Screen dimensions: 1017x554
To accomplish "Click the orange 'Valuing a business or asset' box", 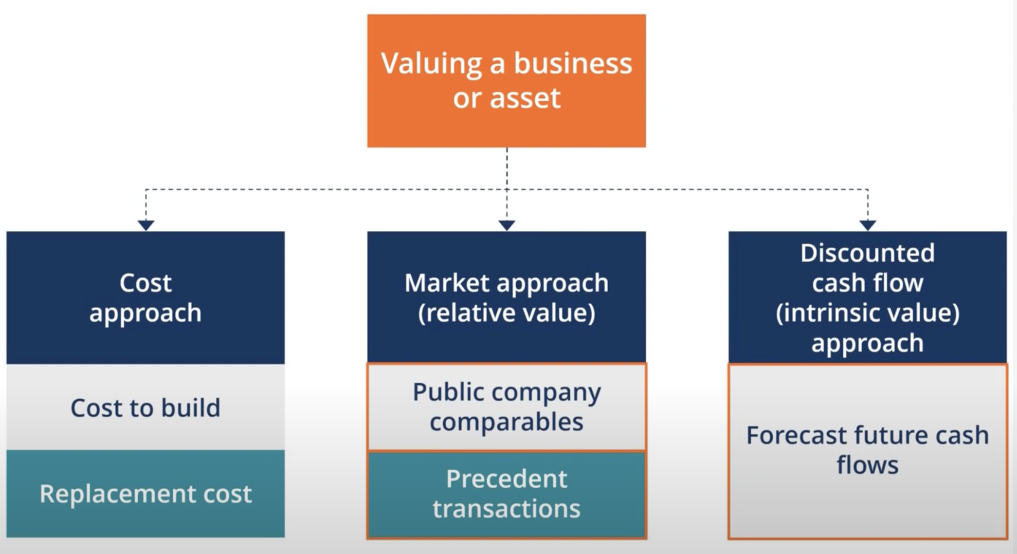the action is [x=507, y=81].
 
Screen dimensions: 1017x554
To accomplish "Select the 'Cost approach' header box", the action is [x=145, y=297].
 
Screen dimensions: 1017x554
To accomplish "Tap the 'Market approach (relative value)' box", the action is [x=507, y=297].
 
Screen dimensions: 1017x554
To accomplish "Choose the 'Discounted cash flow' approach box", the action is [x=868, y=297].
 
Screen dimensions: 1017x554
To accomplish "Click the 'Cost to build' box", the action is [x=145, y=407].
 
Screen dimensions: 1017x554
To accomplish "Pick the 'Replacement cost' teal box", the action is [x=145, y=494].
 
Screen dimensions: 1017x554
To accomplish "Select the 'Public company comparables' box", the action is [x=507, y=407].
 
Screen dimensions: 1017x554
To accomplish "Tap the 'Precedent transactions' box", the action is [x=507, y=495].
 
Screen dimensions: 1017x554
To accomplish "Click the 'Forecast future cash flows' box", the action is [x=868, y=451].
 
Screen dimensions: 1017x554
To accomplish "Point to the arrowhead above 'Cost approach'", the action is [x=146, y=225].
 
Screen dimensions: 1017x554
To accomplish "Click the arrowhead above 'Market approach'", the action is [x=507, y=225].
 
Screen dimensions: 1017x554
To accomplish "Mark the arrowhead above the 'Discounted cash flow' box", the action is [x=868, y=225].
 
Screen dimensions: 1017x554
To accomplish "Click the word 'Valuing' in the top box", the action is [x=431, y=64].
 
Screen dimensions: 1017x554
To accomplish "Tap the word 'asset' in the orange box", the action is [x=525, y=97].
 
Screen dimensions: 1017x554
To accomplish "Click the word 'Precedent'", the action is [x=507, y=479].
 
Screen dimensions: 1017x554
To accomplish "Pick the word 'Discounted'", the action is [x=868, y=253].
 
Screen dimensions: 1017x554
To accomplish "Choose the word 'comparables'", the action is [x=507, y=422].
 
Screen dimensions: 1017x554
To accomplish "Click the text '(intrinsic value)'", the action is [x=868, y=313].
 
